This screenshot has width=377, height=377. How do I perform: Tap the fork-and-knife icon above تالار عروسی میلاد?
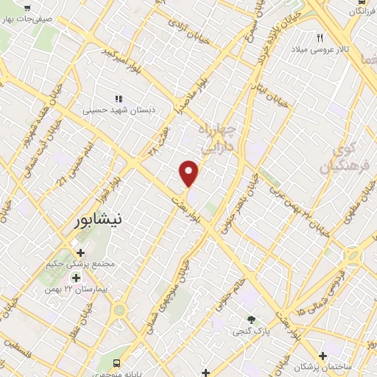click(320, 37)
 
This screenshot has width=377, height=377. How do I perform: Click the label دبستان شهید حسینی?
click(119, 110)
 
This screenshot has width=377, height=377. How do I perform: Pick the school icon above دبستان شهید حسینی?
click(118, 99)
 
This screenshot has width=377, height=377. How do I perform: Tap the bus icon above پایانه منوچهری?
click(117, 363)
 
